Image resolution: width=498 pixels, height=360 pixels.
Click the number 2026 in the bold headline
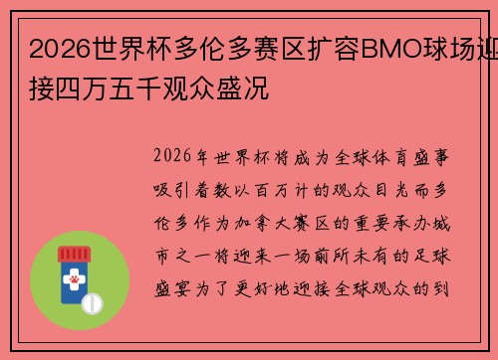[x=57, y=46]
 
